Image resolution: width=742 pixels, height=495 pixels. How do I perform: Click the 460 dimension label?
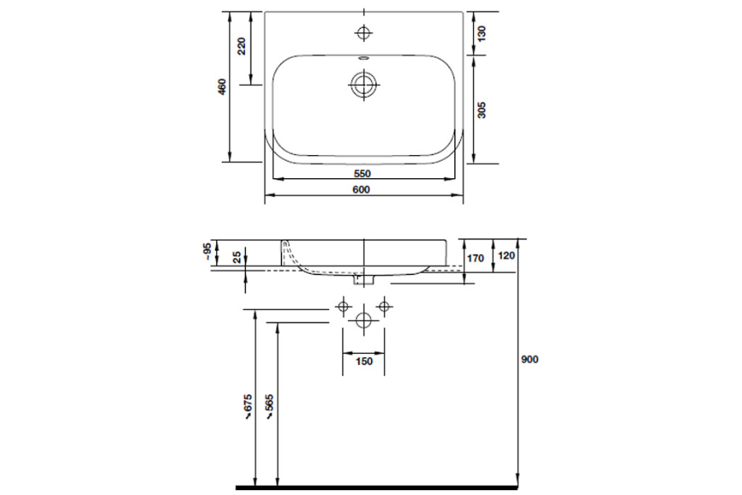221,87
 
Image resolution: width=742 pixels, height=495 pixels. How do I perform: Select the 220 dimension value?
242,46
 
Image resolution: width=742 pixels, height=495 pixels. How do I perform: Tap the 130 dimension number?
481,34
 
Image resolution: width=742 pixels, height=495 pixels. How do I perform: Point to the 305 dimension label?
481,109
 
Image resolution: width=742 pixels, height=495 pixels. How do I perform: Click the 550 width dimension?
363,174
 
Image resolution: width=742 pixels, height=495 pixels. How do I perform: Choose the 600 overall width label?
363,190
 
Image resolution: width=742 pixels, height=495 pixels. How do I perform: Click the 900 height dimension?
529,360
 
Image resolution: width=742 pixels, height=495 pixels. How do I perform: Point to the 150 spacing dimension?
364,361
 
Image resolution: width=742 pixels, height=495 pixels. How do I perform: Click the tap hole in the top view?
363,33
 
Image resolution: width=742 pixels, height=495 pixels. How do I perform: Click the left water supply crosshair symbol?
344,307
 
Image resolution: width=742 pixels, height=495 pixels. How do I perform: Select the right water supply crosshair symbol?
382,307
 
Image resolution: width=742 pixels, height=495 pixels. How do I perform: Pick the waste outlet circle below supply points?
363,320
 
